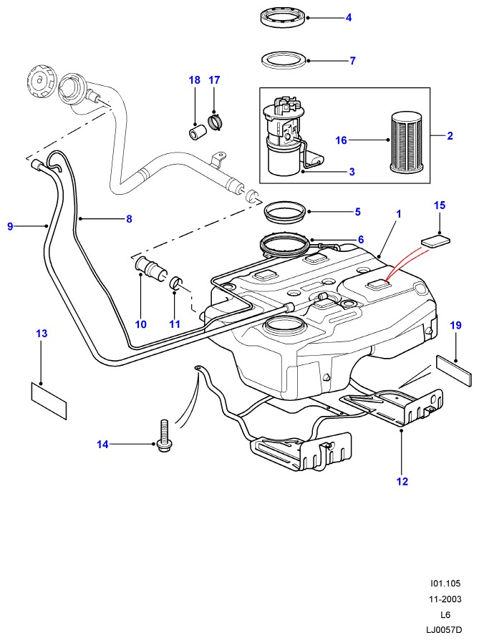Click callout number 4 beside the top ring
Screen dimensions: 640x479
[x=349, y=17]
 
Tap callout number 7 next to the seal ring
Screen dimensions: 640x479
[x=352, y=61]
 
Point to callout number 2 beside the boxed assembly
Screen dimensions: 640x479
[x=450, y=135]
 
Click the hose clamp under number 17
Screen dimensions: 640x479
[x=213, y=125]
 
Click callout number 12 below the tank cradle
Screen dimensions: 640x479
[x=402, y=482]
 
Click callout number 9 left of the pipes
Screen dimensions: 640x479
[x=11, y=227]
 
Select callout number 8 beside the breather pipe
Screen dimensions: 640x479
[x=129, y=220]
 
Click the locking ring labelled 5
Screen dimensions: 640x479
[x=284, y=213]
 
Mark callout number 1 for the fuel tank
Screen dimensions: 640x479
[x=399, y=213]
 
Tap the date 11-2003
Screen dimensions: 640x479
[x=447, y=599]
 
